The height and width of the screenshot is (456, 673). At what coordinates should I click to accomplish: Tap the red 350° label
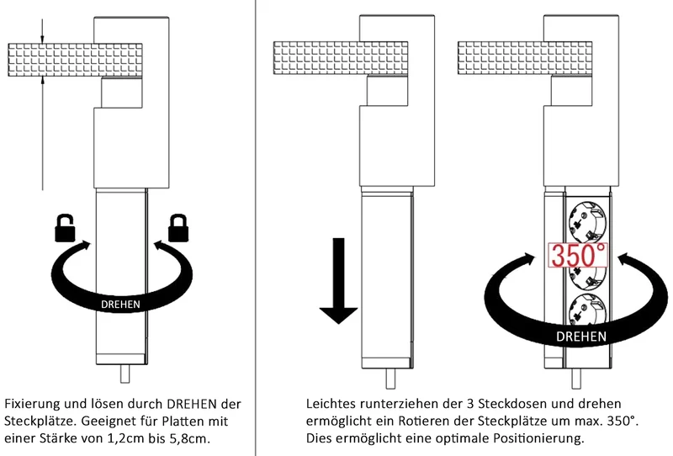(578, 255)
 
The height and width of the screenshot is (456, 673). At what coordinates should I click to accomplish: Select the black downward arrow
(339, 281)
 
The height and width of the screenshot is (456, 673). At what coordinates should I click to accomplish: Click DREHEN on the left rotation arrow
(120, 305)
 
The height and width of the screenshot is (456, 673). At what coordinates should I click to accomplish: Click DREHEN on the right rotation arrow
(581, 337)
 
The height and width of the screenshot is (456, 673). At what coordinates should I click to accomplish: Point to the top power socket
(586, 222)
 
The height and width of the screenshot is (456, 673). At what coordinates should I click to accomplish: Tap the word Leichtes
(331, 404)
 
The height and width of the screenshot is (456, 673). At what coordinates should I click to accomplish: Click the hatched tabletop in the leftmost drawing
(75, 60)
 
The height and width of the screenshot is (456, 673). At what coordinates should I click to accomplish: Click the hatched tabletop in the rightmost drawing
(525, 57)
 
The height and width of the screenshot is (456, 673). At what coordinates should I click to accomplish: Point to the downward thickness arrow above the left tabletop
(42, 31)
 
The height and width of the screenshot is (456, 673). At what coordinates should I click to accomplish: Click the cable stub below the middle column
(390, 379)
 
